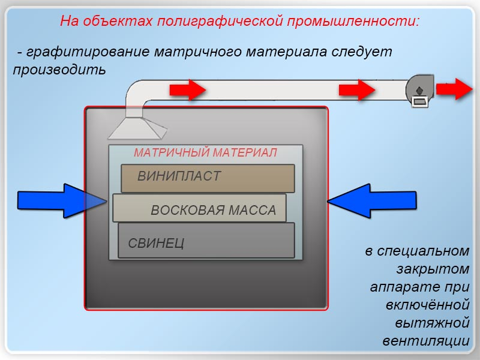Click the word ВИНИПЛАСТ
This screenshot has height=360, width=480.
[179, 176]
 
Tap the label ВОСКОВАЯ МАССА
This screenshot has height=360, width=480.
[214, 210]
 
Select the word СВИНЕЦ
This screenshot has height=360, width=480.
[156, 244]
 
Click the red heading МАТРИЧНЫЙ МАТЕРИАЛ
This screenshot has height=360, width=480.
[205, 152]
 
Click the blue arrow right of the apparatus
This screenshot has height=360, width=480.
[372, 201]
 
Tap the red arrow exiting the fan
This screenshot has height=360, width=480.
[454, 89]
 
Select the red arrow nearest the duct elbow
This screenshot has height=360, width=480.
[188, 90]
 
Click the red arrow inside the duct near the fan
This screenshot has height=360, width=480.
[357, 89]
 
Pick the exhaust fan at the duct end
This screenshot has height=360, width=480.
[419, 91]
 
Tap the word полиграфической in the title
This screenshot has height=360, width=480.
[220, 22]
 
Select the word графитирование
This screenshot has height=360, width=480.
[88, 52]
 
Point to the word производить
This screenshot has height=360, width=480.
[59, 70]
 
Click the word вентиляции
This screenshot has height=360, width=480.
[426, 341]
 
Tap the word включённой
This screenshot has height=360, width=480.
[428, 305]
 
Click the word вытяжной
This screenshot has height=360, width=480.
[432, 323]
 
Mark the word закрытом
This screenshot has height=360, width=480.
[433, 269]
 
